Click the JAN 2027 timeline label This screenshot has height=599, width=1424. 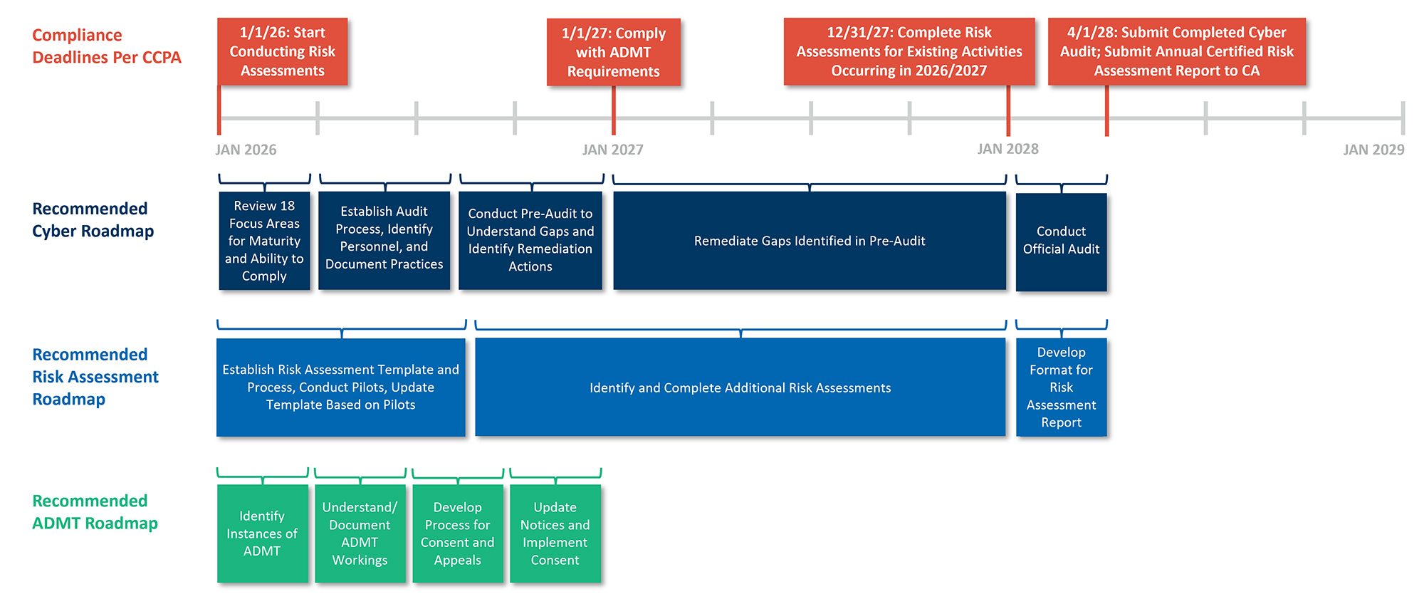pos(612,150)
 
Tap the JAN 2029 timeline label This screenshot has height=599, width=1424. pos(1373,150)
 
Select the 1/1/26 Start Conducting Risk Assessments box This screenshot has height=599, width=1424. pos(283,51)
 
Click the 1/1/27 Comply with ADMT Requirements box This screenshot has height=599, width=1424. pos(613,52)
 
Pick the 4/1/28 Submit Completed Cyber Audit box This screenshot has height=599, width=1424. pos(1176,51)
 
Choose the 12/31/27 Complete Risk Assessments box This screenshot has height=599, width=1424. pos(909,51)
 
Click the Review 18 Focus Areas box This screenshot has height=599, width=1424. pos(264,241)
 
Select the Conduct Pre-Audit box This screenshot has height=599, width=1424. pos(530,241)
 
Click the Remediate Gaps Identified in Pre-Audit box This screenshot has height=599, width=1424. pos(810,241)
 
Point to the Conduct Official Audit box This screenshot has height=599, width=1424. pos(1061,241)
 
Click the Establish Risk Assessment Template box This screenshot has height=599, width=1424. pos(340,387)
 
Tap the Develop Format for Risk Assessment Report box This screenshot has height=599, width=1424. pos(1061,387)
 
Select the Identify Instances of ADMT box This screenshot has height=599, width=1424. pos(262,533)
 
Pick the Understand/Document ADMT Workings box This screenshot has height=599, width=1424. pos(360,533)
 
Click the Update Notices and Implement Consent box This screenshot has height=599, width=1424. pos(555,533)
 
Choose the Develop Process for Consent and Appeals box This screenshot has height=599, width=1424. pos(457,533)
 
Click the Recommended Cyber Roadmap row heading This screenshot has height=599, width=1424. pos(93,219)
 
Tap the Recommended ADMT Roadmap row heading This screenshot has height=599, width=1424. pos(94,511)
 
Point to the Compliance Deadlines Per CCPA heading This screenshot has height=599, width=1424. pos(106,46)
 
